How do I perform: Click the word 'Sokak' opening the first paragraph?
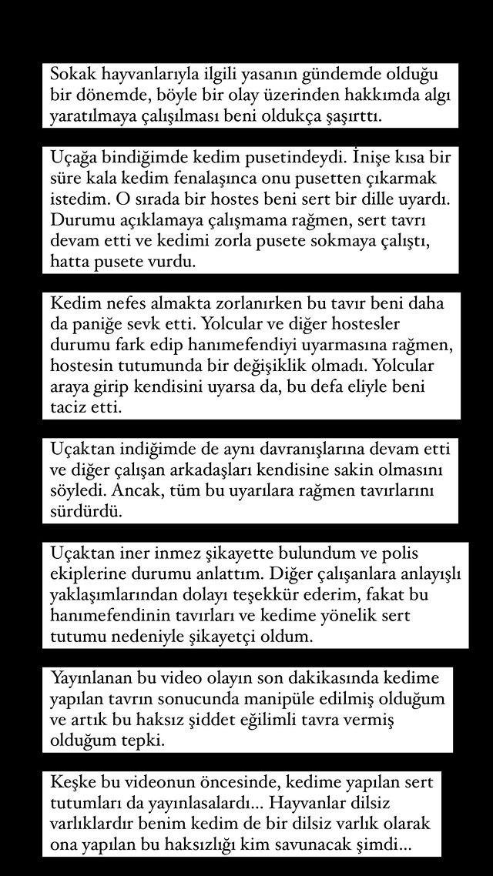[69, 75]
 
